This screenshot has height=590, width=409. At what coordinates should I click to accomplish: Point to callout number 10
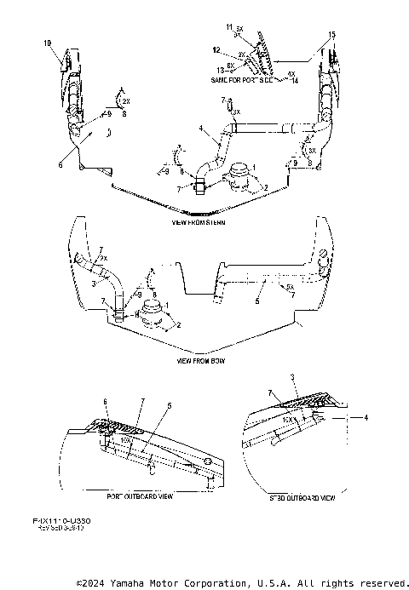tap(47, 42)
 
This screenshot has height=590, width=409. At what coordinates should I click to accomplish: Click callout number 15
tap(331, 34)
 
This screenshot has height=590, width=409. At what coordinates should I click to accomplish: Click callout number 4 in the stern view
tap(201, 129)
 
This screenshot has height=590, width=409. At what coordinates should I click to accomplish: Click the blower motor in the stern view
tap(234, 179)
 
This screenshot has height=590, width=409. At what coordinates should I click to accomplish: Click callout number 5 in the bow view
tap(257, 300)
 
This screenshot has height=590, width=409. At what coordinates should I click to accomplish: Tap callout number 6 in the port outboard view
tap(105, 401)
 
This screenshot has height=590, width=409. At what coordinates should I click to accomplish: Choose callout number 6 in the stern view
tap(60, 165)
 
